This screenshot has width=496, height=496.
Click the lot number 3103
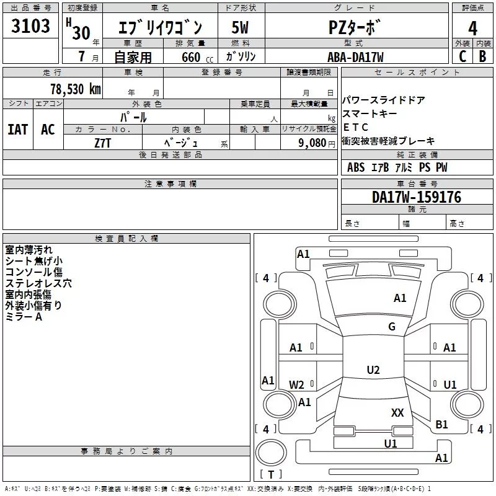coord(30,26)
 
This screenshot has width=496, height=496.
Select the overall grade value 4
coord(472,29)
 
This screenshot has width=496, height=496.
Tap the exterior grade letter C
coord(463,56)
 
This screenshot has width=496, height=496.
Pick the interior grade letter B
coord(482,56)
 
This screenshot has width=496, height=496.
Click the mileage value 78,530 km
coord(76,89)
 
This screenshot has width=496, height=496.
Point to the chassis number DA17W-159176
coord(417,197)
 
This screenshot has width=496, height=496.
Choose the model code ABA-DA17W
coord(355,57)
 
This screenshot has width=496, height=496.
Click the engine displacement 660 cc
coord(197,58)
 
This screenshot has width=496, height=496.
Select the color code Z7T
coord(102,143)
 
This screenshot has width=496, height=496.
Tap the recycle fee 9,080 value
coord(312,143)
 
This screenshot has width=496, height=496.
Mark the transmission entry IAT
coord(18,130)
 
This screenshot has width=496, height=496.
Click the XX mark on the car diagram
coord(397,412)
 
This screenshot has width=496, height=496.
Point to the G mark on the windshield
coord(392,326)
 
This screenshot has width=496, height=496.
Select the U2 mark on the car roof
coord(373,370)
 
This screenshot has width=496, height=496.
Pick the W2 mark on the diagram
coord(296,384)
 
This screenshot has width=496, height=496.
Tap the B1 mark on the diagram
coord(441,424)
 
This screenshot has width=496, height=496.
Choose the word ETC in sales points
coord(355,127)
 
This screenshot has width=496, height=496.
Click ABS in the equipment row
coord(356,167)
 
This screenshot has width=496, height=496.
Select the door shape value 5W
coord(240,27)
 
